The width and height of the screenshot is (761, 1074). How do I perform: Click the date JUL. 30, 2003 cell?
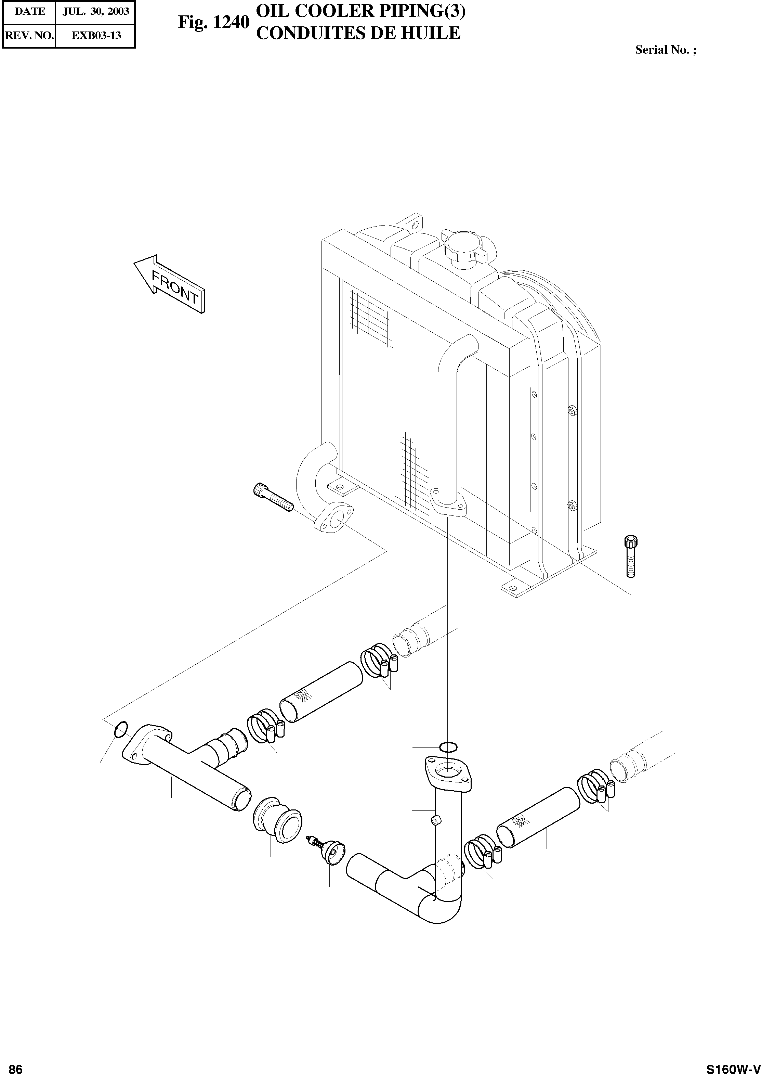(x=95, y=11)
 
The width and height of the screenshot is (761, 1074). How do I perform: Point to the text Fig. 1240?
(x=213, y=23)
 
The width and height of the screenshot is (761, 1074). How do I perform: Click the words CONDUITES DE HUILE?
(x=358, y=33)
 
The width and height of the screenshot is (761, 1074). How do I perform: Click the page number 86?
(x=15, y=1065)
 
